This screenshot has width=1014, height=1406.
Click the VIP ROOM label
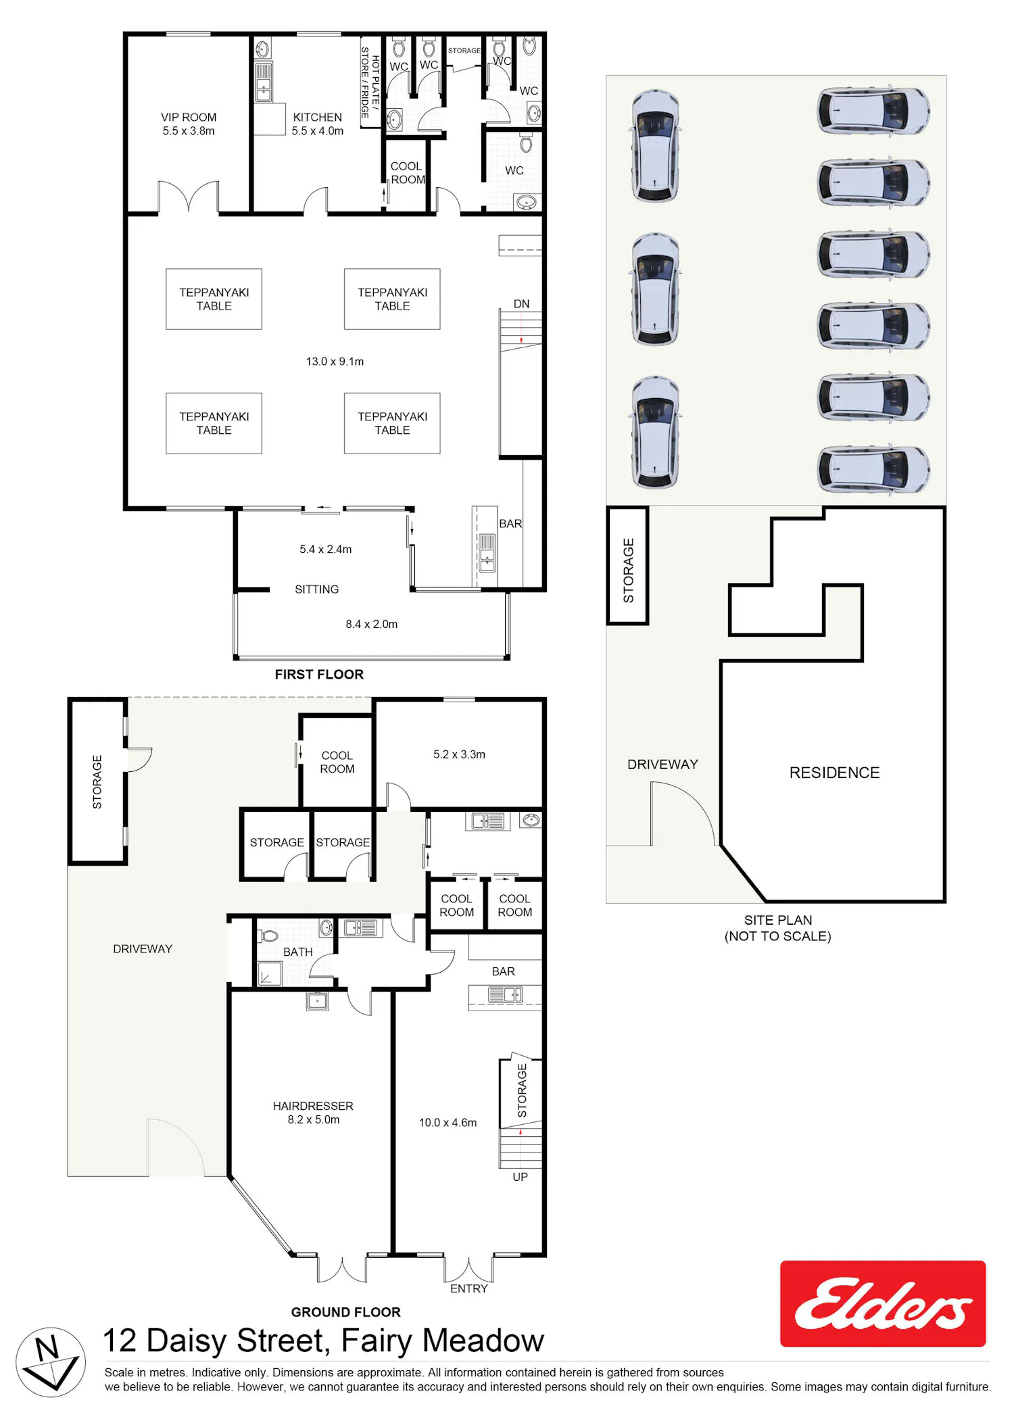(x=189, y=117)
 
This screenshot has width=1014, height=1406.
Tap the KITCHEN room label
(x=317, y=117)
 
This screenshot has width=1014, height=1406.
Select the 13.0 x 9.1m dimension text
(x=335, y=362)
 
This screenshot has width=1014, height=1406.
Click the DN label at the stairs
(x=521, y=304)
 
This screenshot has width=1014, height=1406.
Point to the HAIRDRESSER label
(x=313, y=1106)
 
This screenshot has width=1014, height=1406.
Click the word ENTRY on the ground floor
(x=468, y=1288)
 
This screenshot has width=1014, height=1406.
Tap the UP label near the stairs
(x=520, y=1177)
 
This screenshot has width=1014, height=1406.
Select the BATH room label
(x=297, y=952)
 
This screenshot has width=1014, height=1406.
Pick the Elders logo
(x=883, y=1303)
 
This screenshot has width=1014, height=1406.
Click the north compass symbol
(x=51, y=1362)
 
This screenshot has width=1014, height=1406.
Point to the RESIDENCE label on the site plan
(x=834, y=773)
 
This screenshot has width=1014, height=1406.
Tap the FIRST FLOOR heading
(x=319, y=674)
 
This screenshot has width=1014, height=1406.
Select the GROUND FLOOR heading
(x=345, y=1312)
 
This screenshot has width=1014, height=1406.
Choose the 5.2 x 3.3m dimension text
(x=459, y=754)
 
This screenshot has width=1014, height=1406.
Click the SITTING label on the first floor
(x=316, y=589)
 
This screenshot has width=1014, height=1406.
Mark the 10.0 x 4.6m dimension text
(x=448, y=1123)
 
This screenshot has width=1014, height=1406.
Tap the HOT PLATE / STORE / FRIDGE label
(x=370, y=83)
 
